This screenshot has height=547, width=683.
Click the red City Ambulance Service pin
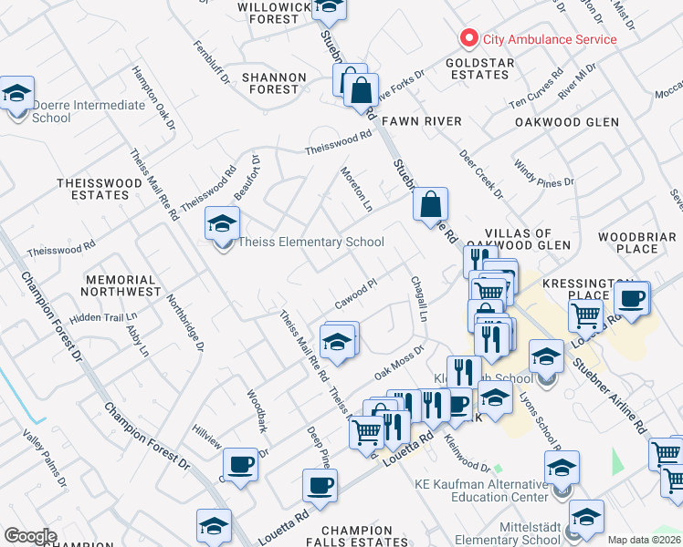(x=469, y=38)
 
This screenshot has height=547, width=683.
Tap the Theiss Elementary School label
(x=310, y=242)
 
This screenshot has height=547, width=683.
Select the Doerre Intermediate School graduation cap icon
(x=16, y=95)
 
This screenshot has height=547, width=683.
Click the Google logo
(x=30, y=535)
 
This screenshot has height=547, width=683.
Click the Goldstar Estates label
(x=480, y=69)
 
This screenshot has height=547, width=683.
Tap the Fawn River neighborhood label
(x=421, y=121)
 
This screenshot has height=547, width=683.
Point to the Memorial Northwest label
(x=119, y=285)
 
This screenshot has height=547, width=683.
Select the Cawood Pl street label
(x=356, y=294)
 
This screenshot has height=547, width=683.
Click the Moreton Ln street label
(x=357, y=188)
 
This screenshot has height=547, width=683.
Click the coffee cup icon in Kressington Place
(x=631, y=298)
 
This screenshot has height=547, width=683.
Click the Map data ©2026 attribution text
(x=644, y=540)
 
